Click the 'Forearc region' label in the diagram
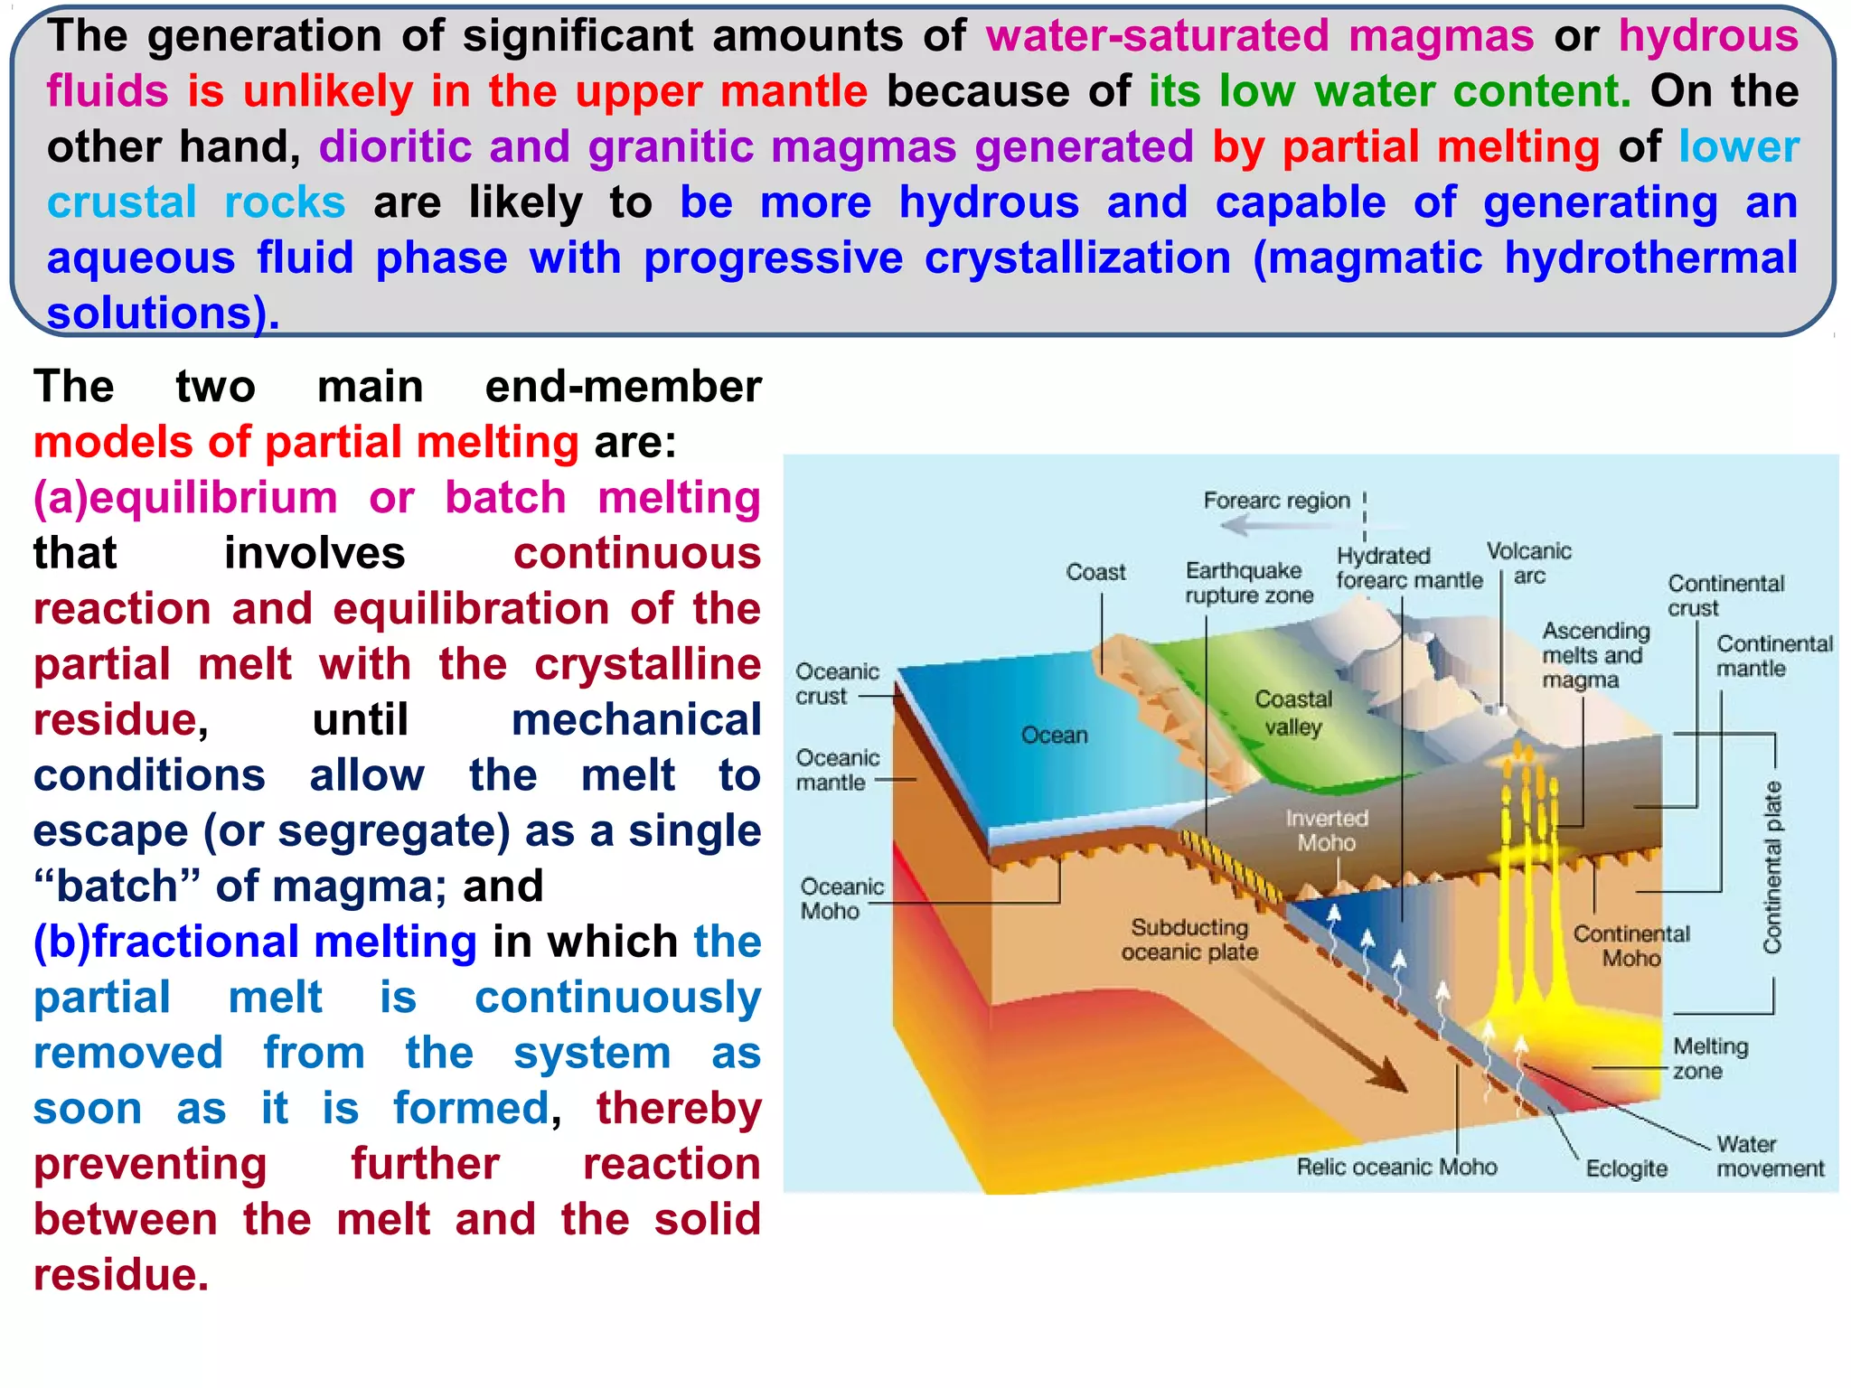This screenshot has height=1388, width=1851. click(1275, 501)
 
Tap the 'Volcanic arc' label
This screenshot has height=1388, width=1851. click(1528, 563)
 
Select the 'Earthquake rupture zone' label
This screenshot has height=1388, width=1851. click(1248, 583)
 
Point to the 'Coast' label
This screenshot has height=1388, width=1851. click(1095, 572)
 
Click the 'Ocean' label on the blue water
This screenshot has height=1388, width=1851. click(1054, 735)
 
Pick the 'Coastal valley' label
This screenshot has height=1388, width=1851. click(1293, 713)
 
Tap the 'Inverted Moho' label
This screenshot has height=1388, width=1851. click(1326, 830)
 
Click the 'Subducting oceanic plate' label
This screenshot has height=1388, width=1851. click(1189, 940)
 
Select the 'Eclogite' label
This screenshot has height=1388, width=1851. click(1626, 1168)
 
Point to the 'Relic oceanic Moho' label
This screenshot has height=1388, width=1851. click(1396, 1167)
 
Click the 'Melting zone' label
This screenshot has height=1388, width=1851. click(1710, 1058)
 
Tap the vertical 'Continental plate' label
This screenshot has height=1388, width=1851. click(1772, 867)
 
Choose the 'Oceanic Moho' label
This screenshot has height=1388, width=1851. click(841, 898)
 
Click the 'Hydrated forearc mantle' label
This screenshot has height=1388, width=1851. click(1408, 567)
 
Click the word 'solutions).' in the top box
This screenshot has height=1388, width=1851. click(163, 314)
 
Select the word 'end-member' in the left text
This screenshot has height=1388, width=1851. click(623, 387)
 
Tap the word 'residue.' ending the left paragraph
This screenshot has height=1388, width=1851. click(121, 1275)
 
